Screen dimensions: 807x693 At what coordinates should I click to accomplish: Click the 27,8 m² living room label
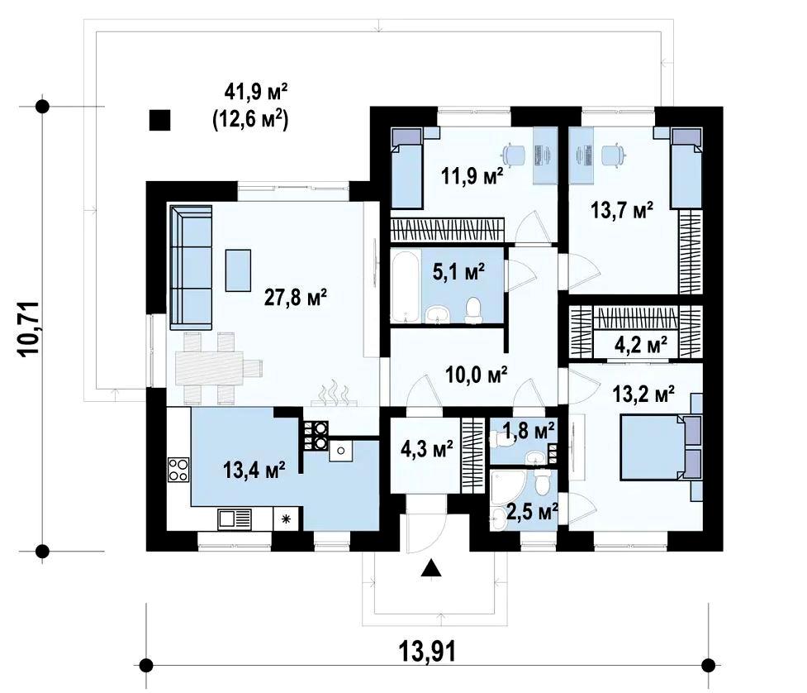click(x=296, y=297)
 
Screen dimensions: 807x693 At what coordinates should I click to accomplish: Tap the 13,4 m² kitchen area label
click(x=254, y=470)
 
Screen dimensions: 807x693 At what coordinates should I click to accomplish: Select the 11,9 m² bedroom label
click(x=472, y=177)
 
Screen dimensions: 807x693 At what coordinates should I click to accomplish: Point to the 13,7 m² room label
click(x=622, y=210)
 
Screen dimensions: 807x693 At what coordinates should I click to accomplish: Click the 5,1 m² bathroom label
click(x=458, y=271)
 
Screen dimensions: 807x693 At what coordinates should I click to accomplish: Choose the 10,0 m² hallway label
click(x=477, y=375)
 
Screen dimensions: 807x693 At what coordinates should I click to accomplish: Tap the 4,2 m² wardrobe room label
click(x=641, y=345)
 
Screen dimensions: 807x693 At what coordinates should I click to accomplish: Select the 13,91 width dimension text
click(x=427, y=652)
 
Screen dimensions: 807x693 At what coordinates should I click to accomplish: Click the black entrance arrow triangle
click(x=431, y=569)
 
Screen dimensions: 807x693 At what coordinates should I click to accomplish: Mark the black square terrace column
click(x=159, y=120)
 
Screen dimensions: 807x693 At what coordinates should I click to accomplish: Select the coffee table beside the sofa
click(x=238, y=270)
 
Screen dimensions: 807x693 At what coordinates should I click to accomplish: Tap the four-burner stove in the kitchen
click(x=178, y=470)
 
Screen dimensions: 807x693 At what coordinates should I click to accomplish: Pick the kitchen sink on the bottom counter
click(x=235, y=519)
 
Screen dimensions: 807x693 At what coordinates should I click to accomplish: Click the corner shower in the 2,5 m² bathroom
click(x=507, y=487)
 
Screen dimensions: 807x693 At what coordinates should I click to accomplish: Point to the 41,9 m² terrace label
click(x=256, y=92)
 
